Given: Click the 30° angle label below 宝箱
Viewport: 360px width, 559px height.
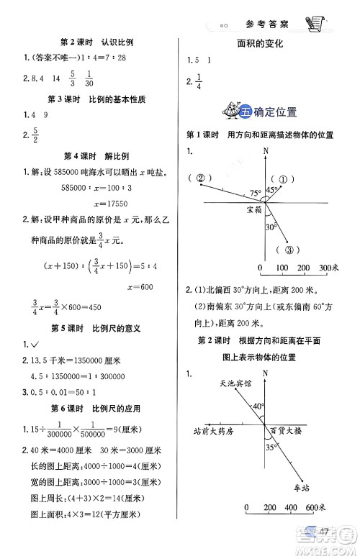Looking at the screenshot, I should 271,226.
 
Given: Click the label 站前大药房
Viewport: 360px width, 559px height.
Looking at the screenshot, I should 215,431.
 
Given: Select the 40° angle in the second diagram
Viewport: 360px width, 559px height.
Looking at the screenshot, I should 258,406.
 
